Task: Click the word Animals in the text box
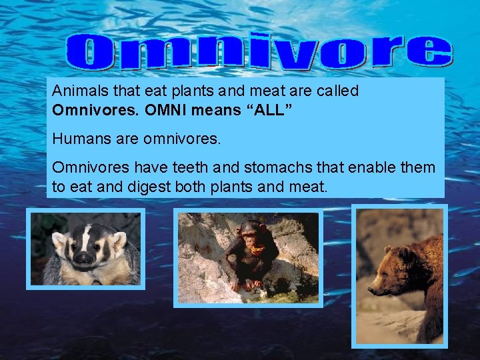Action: coord(77,91)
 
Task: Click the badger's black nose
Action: coord(83,257)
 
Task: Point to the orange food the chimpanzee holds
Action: coord(255,250)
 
